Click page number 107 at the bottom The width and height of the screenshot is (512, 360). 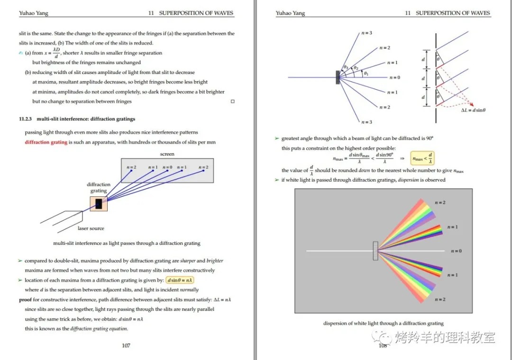126,345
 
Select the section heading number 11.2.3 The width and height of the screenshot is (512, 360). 26,119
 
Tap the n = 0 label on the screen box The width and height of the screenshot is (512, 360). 167,167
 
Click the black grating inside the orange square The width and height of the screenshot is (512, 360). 99,204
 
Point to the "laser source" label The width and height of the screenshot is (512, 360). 91,228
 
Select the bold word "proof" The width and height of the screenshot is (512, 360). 25,300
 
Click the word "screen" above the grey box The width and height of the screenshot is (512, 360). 167,154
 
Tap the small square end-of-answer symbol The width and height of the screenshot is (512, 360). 232,102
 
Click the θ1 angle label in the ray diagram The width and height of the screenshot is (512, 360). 366,74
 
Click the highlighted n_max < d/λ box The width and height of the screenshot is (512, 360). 422,158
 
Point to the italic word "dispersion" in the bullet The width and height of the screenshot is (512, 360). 408,180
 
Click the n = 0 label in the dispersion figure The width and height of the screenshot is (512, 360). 456,251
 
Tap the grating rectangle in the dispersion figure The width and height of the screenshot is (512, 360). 375,251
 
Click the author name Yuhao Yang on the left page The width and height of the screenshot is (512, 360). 34,13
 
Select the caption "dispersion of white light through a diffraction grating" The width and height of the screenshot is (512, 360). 383,323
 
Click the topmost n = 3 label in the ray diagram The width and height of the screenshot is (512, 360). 366,33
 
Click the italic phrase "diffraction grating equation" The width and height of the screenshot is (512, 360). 99,329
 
